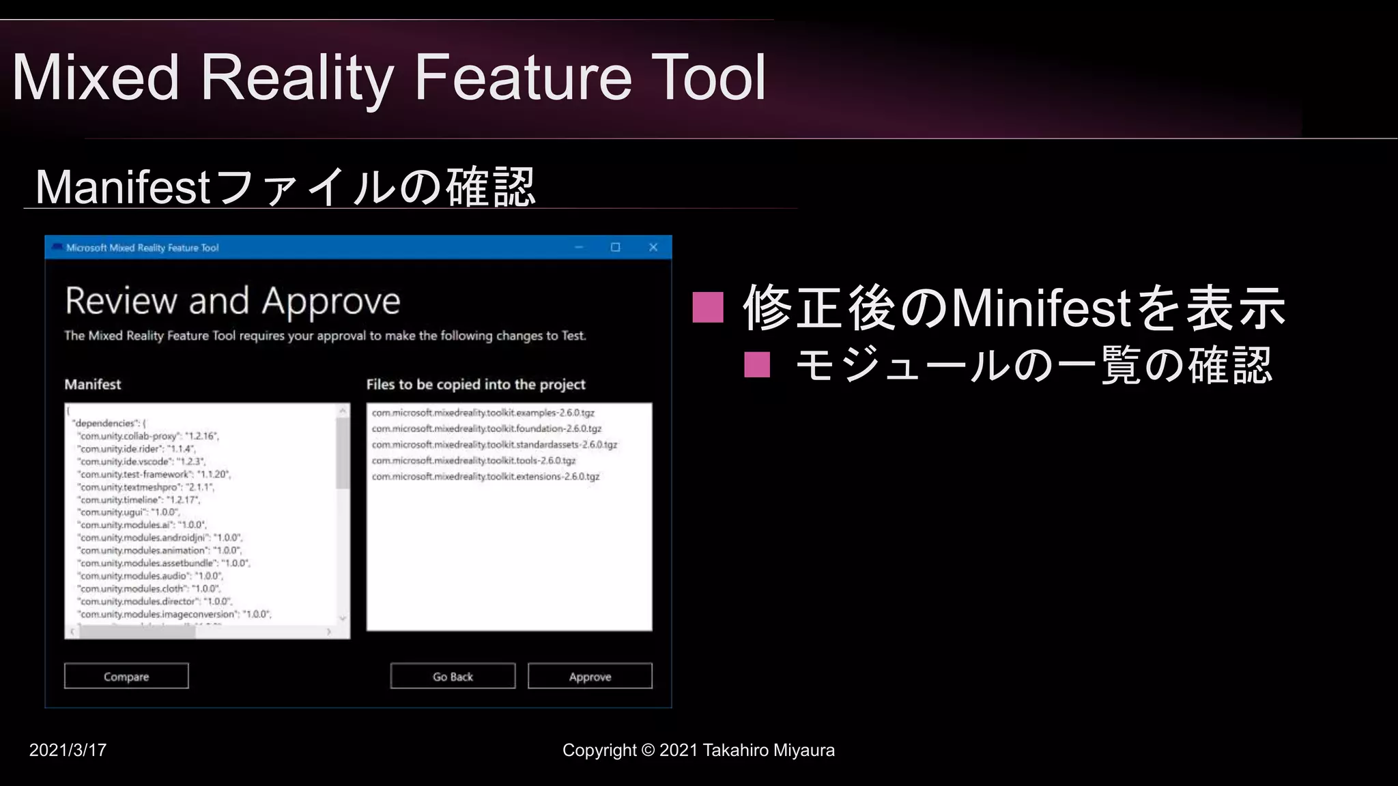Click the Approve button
click(x=590, y=676)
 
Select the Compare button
click(x=126, y=676)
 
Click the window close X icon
click(x=653, y=247)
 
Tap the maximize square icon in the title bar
click(x=615, y=247)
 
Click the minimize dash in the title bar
click(x=579, y=247)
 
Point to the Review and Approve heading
click(x=232, y=301)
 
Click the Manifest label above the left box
click(x=93, y=384)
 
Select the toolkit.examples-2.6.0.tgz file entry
click(x=483, y=413)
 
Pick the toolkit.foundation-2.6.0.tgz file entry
click(x=486, y=428)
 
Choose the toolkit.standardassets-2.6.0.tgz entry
click(x=494, y=444)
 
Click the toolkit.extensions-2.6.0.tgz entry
click(x=485, y=476)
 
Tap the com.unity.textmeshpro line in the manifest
click(x=146, y=487)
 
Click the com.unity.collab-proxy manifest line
click(x=148, y=436)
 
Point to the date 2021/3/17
click(x=68, y=750)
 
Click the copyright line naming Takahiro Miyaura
click(x=698, y=750)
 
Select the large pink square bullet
click(x=707, y=307)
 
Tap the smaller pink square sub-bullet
click(x=757, y=365)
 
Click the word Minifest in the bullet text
click(x=1041, y=308)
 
